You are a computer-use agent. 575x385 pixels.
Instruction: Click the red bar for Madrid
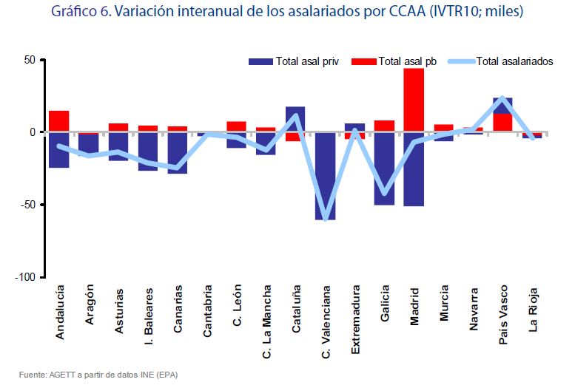(x=414, y=100)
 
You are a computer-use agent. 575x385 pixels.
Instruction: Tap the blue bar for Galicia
(x=384, y=170)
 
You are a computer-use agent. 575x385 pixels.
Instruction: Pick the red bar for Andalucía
(x=59, y=121)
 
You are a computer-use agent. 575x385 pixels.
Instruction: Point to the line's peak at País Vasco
(x=502, y=98)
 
